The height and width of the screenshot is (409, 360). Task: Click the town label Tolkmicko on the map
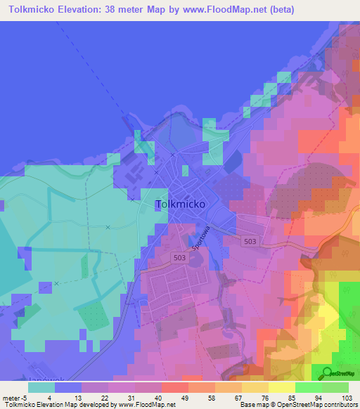click(180, 204)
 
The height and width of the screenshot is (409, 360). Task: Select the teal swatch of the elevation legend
click(41, 387)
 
